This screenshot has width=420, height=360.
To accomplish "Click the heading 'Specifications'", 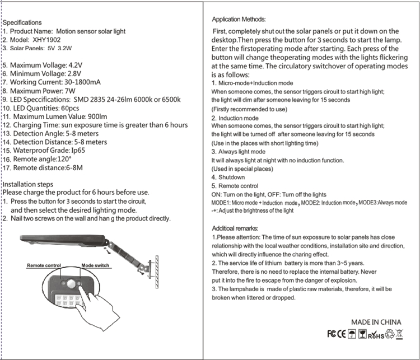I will click(x=24, y=22).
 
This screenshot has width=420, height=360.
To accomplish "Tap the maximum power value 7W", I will click(x=71, y=90).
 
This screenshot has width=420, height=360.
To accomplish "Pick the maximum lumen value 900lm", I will click(x=93, y=116).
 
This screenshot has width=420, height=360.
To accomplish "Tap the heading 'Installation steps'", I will click(x=28, y=184).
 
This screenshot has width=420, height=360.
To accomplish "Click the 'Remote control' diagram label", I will click(x=44, y=265).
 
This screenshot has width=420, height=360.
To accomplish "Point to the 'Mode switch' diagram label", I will click(x=95, y=265).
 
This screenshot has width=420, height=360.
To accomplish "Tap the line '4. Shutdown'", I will click(x=228, y=177).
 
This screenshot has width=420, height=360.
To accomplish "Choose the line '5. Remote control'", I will click(x=235, y=186).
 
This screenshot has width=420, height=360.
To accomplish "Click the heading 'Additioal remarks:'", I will click(x=235, y=228).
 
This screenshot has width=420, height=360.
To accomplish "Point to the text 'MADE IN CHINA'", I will click(x=376, y=322).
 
